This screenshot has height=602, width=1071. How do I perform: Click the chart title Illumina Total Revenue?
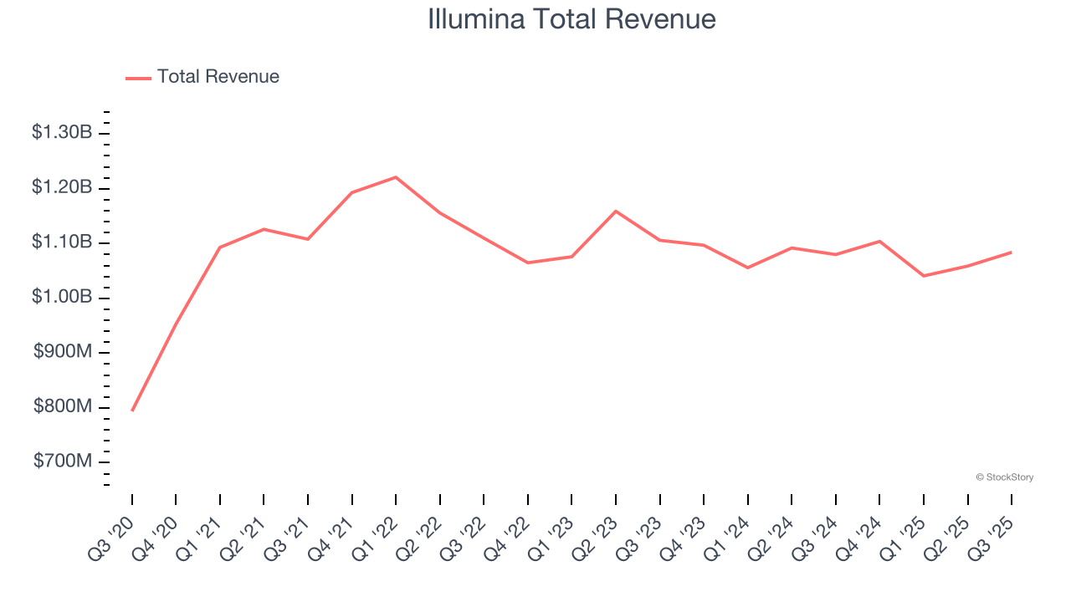pos(571,19)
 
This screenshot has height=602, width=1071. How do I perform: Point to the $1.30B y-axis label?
pos(62,132)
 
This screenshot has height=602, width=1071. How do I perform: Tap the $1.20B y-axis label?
pos(62,187)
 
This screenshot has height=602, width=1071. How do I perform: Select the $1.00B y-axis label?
pos(62,297)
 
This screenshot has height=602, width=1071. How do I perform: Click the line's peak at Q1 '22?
pos(396,176)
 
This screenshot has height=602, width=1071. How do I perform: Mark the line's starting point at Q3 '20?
pos(132,411)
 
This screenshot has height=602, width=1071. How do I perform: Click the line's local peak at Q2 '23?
pos(616,211)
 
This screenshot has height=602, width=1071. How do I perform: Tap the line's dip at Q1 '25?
pos(924,276)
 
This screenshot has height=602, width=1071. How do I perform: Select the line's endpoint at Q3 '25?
pos(1012,252)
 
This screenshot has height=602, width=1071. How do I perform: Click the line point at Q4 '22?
pos(528,263)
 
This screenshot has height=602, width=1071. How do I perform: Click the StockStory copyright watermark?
pos(1004,477)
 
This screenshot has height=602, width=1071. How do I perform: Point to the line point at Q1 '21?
pos(220,247)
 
